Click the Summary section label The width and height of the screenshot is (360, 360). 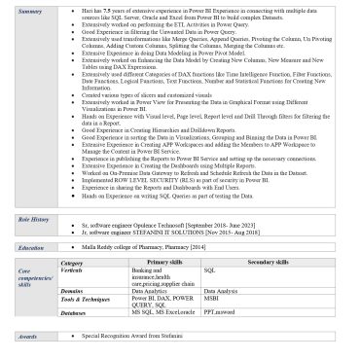point(31,11)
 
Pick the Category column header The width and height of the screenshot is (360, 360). point(72,263)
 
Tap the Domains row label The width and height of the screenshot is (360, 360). point(73,290)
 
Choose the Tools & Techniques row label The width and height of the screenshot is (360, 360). point(89,298)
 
